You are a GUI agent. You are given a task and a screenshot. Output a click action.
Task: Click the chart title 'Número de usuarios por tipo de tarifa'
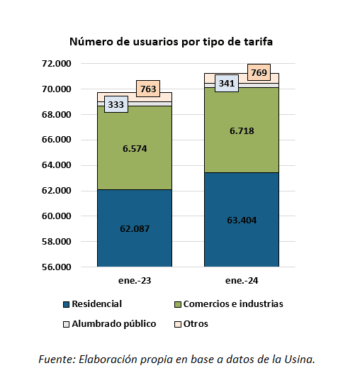click(x=171, y=42)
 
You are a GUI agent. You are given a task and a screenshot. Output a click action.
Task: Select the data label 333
click(x=116, y=104)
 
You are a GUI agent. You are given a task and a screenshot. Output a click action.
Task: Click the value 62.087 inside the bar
click(x=135, y=228)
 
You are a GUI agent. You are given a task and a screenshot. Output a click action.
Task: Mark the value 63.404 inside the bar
click(x=241, y=220)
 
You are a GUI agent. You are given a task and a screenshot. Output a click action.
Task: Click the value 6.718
click(x=241, y=130)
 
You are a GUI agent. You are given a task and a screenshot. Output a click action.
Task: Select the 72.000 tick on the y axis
click(x=57, y=64)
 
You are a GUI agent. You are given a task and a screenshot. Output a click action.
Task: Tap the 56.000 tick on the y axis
click(x=57, y=267)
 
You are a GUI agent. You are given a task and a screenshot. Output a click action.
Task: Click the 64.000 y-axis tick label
click(x=57, y=165)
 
